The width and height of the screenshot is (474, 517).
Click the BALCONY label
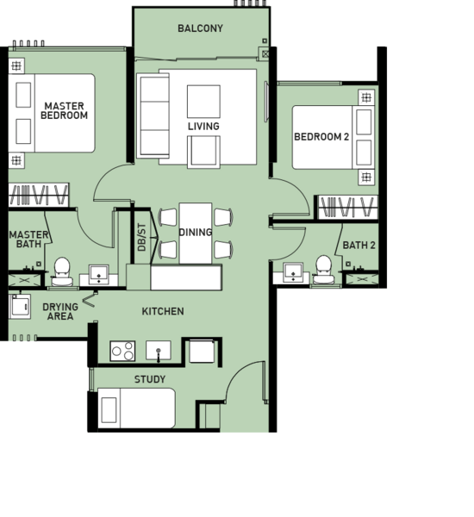tap(200, 28)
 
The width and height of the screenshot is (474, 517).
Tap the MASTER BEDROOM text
tap(65, 110)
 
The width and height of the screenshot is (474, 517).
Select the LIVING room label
tap(203, 126)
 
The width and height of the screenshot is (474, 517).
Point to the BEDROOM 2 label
tap(321, 136)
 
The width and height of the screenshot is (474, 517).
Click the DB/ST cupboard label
tap(141, 237)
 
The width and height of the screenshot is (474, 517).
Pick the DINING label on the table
tap(196, 232)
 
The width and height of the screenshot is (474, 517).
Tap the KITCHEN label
tap(163, 311)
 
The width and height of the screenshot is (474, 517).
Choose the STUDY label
tap(150, 379)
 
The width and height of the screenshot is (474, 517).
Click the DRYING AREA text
tap(60, 311)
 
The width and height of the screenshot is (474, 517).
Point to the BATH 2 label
tap(359, 246)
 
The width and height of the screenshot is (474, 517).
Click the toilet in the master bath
tap(62, 271)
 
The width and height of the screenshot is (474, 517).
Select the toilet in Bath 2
tap(323, 270)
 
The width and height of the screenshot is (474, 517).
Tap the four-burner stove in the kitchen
tap(122, 351)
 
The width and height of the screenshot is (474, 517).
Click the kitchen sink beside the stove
tap(159, 351)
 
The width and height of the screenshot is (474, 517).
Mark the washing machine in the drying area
tap(20, 307)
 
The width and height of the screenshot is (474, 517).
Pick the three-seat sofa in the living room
tap(153, 115)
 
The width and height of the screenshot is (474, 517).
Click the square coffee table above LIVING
tap(203, 102)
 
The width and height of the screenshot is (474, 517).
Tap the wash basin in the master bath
tap(98, 274)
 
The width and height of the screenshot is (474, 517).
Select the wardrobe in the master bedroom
tap(39, 195)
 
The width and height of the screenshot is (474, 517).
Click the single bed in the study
tap(136, 408)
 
